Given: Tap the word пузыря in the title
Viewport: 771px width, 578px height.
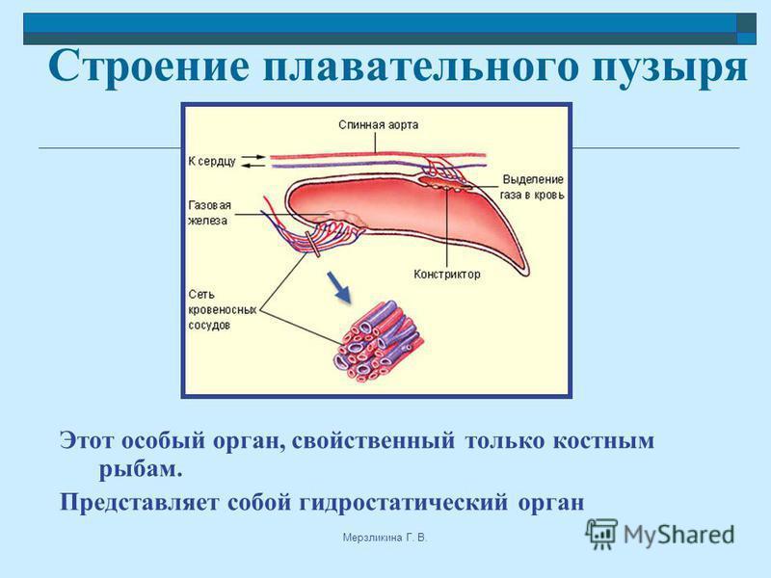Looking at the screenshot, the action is [670, 67].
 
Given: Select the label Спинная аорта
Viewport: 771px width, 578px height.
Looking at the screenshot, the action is [378, 125].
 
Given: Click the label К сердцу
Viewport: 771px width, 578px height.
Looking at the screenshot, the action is [212, 161].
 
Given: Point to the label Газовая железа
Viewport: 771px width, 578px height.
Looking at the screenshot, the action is [209, 212].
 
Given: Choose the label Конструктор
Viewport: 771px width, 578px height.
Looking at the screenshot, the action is [446, 275].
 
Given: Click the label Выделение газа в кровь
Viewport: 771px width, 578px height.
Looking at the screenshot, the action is [532, 187].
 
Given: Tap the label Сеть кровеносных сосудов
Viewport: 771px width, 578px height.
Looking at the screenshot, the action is [223, 309].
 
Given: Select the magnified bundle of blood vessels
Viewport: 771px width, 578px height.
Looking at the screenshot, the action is [378, 342].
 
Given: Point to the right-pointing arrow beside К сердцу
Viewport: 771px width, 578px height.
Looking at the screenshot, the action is [254, 157].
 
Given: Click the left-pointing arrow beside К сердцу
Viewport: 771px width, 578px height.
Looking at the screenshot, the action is [254, 166].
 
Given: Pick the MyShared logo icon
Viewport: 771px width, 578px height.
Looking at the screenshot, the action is [600, 534].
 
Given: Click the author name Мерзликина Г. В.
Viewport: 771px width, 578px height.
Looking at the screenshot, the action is [385, 538].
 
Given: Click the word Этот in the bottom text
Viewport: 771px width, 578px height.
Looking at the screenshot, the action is [87, 440].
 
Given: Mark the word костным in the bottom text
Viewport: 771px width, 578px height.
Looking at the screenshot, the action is [604, 441].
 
